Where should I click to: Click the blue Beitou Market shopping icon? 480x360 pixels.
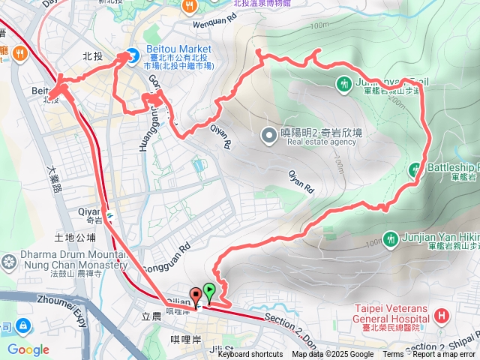[x=132, y=54]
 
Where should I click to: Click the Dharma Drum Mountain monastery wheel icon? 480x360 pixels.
[x=9, y=262]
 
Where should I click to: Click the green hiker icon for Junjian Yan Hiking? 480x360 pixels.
[x=390, y=239]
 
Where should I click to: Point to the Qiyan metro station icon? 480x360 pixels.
[x=110, y=213]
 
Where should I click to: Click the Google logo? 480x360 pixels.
[x=28, y=349]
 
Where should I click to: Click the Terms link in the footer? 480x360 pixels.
[x=393, y=355]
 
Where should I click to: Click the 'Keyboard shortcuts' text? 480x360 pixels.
[x=250, y=355]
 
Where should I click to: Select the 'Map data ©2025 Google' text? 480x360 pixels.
[x=333, y=355]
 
